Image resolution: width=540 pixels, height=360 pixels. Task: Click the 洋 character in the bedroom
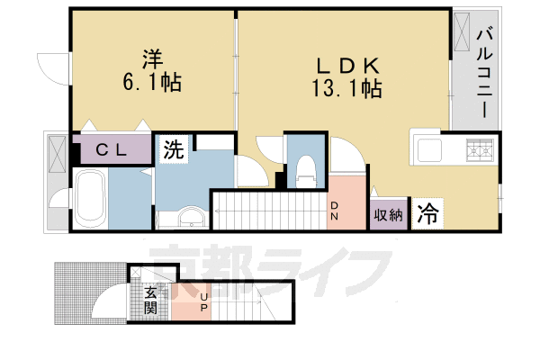(x=150, y=58)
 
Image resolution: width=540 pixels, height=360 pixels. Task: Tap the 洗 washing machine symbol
(x=174, y=149)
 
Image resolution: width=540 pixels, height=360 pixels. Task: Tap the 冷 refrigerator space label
(x=427, y=215)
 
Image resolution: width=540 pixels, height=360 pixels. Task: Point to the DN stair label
(x=332, y=211)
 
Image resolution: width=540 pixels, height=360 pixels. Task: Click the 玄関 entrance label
(x=150, y=301)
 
